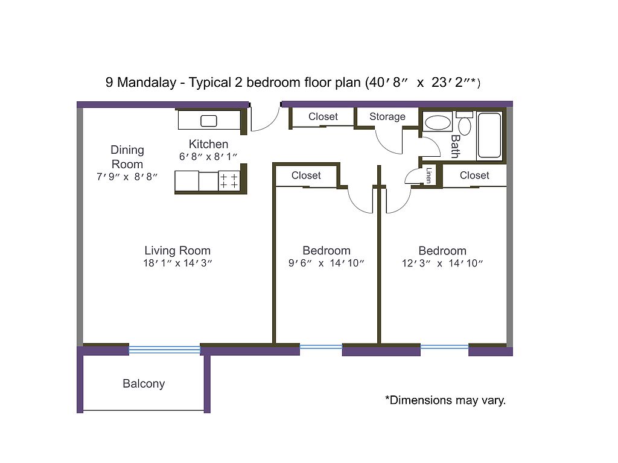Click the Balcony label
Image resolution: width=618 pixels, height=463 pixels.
[144, 384]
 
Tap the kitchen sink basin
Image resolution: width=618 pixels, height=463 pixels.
[208, 121]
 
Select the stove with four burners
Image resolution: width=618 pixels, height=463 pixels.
[229, 181]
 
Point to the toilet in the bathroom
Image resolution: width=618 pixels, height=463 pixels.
[465, 123]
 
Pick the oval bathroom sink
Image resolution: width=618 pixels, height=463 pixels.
[438, 123]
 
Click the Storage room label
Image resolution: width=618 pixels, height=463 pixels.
[387, 116]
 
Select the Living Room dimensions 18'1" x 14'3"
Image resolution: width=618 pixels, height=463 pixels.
[178, 263]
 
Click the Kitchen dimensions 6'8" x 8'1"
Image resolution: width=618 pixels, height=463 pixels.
[208, 157]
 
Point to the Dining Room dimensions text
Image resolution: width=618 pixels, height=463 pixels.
[127, 177]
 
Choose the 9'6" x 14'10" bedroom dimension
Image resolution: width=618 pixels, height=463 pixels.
[326, 263]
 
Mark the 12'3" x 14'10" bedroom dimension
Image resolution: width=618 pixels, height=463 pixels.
[442, 263]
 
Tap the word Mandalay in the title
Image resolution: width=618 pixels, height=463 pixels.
[147, 82]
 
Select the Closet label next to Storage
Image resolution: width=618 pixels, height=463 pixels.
[323, 116]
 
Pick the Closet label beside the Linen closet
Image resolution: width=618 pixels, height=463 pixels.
[474, 175]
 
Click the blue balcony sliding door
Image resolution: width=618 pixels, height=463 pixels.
[164, 349]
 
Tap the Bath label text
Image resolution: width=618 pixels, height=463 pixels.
[455, 146]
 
